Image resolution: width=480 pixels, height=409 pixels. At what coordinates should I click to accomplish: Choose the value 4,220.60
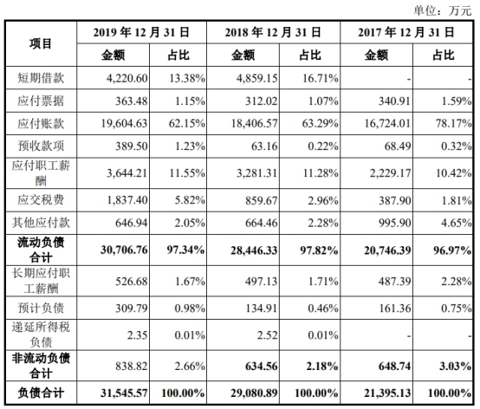click(x=125, y=76)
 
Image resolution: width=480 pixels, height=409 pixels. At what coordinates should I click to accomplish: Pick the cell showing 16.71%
click(x=302, y=76)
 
